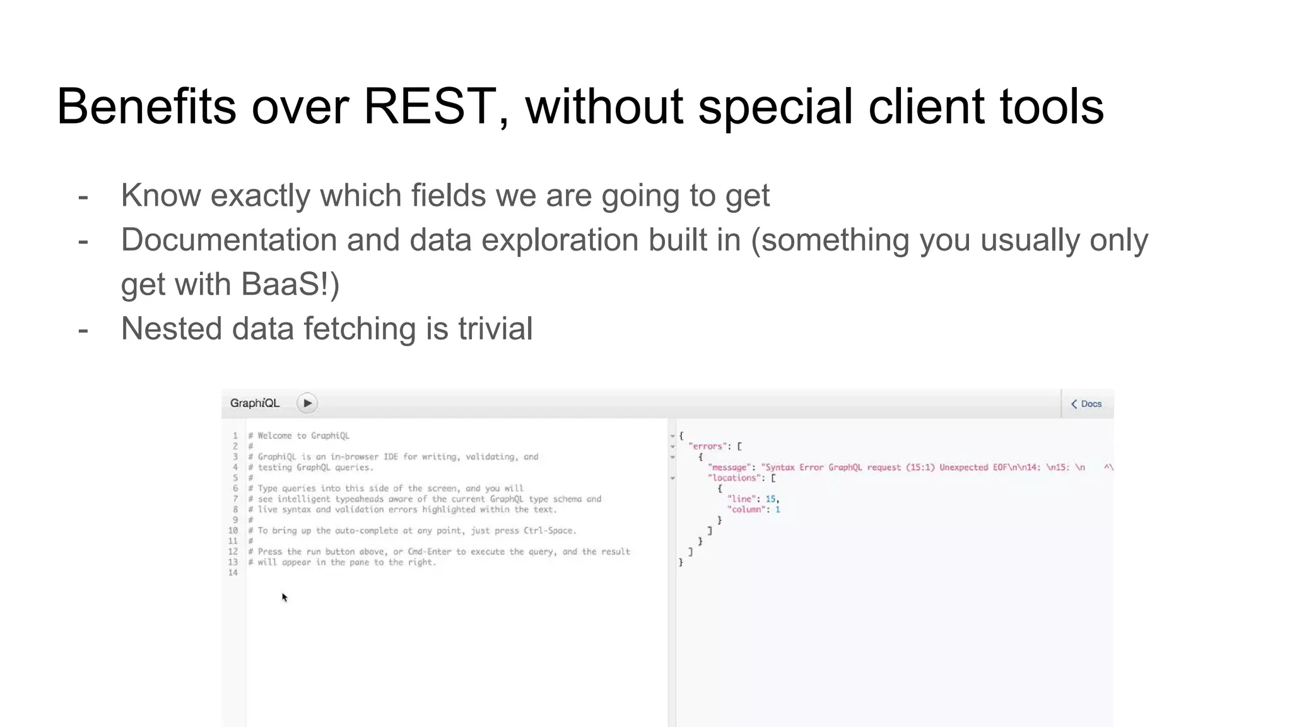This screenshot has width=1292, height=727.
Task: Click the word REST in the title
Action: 429,106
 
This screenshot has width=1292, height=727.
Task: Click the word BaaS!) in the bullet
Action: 290,284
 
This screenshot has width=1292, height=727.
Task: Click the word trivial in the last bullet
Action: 495,329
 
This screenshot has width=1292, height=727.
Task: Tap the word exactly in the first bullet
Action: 261,196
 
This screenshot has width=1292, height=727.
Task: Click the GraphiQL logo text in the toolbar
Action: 255,403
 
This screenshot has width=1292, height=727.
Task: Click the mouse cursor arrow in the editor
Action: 285,597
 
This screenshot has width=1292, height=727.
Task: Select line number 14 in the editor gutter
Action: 233,573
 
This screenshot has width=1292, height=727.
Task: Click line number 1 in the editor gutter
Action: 235,435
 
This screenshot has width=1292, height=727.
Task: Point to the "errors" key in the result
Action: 707,446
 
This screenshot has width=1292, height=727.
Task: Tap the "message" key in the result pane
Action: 729,468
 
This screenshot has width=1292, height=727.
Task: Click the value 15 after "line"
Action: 771,499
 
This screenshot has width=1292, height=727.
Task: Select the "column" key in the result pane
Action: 746,510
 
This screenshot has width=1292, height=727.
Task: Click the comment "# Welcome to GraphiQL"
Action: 299,435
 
